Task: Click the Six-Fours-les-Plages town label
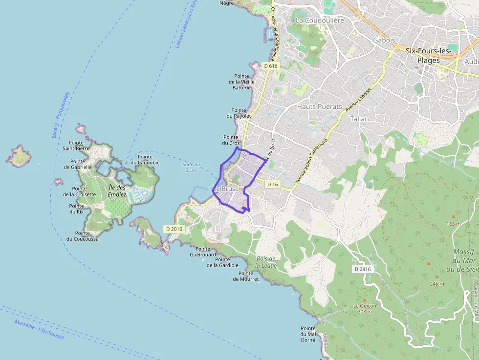[428, 55]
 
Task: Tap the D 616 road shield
[270, 66]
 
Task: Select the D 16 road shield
[273, 184]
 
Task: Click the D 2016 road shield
[174, 229]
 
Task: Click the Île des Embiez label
[117, 191]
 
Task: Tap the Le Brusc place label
[226, 189]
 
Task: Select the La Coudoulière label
[320, 21]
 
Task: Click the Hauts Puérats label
[320, 106]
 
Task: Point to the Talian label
[359, 119]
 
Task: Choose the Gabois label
[384, 40]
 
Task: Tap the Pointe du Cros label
[232, 140]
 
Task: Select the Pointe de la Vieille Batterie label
[241, 82]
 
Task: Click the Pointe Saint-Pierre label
[76, 145]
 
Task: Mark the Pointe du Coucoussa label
[83, 236]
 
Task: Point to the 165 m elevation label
[454, 224]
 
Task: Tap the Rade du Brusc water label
[191, 167]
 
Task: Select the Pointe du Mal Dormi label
[308, 334]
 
